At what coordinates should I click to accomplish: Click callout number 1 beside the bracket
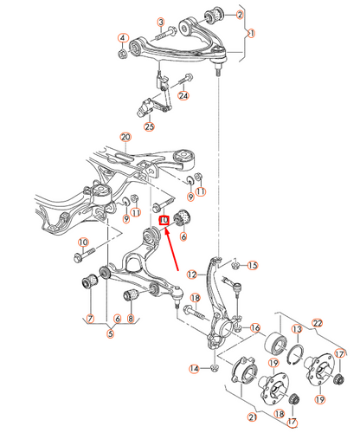click(252, 33)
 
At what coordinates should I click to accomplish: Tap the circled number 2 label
click(240, 15)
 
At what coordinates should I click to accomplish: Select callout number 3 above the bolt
click(161, 23)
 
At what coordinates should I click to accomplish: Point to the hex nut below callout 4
click(122, 54)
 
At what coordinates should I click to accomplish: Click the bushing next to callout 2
click(214, 15)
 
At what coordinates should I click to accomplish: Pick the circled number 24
click(183, 95)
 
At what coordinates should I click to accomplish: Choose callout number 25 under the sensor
click(150, 126)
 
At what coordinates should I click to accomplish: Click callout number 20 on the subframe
click(125, 137)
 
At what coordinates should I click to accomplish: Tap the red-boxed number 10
click(164, 220)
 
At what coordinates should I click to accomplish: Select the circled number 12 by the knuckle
click(192, 275)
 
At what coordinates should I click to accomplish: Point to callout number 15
click(253, 265)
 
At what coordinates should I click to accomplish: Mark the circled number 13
click(297, 329)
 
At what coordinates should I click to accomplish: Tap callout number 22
click(318, 323)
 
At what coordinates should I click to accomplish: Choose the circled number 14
click(194, 369)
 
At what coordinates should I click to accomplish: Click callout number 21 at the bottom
click(252, 417)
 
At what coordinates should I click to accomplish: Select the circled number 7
click(91, 319)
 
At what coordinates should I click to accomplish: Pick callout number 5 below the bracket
click(110, 333)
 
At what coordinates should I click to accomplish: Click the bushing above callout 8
click(132, 294)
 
